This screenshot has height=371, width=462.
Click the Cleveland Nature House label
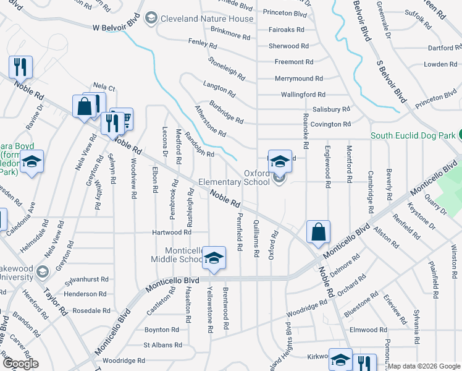tap(207, 19)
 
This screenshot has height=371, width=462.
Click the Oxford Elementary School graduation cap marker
tap(280, 161)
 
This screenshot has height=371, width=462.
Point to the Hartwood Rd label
tap(172, 232)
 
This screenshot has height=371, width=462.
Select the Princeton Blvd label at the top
tap(285, 13)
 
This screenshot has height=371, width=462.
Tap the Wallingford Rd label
tap(303, 95)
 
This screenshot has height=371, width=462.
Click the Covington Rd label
tap(330, 124)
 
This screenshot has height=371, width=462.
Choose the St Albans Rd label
tap(162, 345)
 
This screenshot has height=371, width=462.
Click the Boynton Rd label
tap(161, 330)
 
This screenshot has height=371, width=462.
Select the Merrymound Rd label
tap(299, 79)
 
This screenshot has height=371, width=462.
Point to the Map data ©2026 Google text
tap(424, 367)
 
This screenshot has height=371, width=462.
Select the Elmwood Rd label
tap(368, 330)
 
